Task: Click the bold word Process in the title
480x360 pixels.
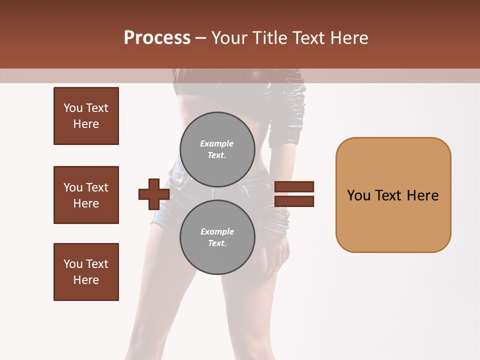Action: pos(157,38)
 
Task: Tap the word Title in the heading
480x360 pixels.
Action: pos(270,38)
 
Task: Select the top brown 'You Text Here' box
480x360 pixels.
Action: pos(86,116)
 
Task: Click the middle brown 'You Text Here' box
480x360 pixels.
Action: pos(86,195)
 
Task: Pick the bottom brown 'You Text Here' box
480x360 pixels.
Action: pos(86,272)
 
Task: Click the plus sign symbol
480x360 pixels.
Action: pos(153,194)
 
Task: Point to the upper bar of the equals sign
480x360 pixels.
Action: pos(294,186)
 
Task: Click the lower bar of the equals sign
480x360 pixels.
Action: pos(294,201)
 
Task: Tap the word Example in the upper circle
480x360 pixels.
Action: pos(216,143)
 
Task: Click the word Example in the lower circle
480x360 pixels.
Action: pos(217,231)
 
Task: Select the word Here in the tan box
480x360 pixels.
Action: pos(422,195)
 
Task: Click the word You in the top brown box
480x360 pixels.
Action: pos(73,108)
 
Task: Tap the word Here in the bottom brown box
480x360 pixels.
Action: pos(86,280)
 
